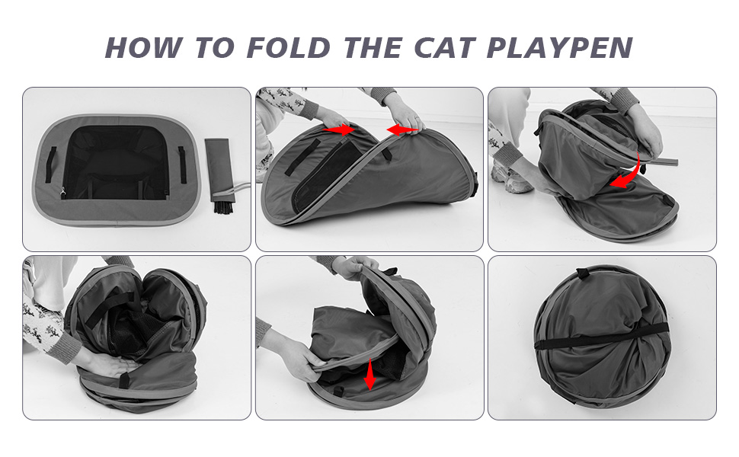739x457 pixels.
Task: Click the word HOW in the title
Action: coord(143,47)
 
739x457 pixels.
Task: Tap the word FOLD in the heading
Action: coord(289,47)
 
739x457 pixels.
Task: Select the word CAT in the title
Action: coord(444,47)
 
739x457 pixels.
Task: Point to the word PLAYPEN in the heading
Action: coord(559,47)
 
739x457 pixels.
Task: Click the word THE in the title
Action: coord(373,47)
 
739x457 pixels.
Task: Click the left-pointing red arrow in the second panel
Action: coord(402,129)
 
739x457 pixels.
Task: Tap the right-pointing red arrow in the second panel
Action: coord(338,128)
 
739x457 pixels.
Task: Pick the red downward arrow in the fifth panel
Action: coord(370,374)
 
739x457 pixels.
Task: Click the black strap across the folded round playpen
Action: coord(602,335)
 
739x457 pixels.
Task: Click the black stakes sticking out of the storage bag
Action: coord(224,206)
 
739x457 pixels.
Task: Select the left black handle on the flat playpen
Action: coord(50,165)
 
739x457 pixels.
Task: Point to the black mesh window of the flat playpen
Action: coord(116,162)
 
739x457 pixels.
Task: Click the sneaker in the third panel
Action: coord(511,179)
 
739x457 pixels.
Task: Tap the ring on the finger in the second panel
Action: coord(417,117)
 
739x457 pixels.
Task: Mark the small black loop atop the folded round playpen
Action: coord(583,273)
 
